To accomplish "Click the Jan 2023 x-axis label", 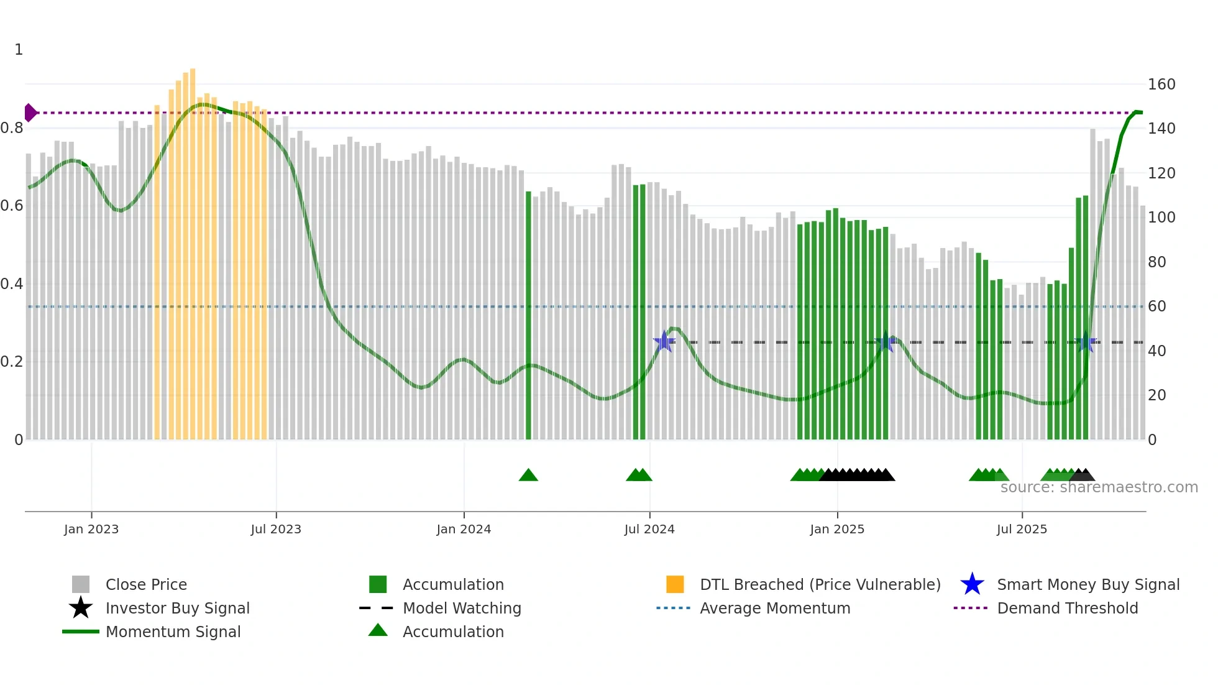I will click(91, 529).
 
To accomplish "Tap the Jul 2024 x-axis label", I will click(649, 529).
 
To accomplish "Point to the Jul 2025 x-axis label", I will click(1022, 529).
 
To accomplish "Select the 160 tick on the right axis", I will click(1161, 85).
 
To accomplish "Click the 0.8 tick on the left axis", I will click(12, 128).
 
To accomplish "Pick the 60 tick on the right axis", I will click(1157, 306).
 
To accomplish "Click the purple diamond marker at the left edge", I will click(30, 113).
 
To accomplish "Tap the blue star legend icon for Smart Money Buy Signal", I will click(972, 584).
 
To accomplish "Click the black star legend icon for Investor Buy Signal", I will click(81, 608).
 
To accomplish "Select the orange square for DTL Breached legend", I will click(675, 584).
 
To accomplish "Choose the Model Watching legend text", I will click(462, 608).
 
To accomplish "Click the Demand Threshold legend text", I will click(1067, 608).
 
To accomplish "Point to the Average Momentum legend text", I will click(775, 608).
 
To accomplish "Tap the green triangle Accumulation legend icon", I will click(378, 631).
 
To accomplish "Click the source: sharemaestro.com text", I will click(1099, 487).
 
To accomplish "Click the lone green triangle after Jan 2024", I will click(528, 476).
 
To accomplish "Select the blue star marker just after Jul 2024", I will click(664, 341).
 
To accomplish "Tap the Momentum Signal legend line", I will click(81, 632).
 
